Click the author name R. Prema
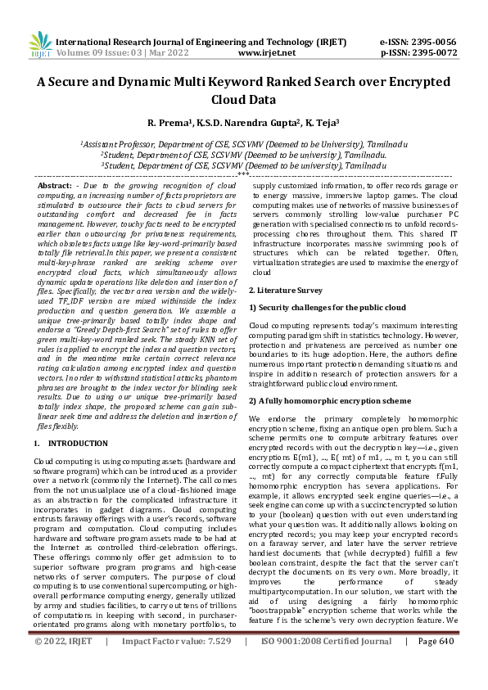pos(170,123)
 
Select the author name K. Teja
pos(322,123)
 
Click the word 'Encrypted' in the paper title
pos(415,83)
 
